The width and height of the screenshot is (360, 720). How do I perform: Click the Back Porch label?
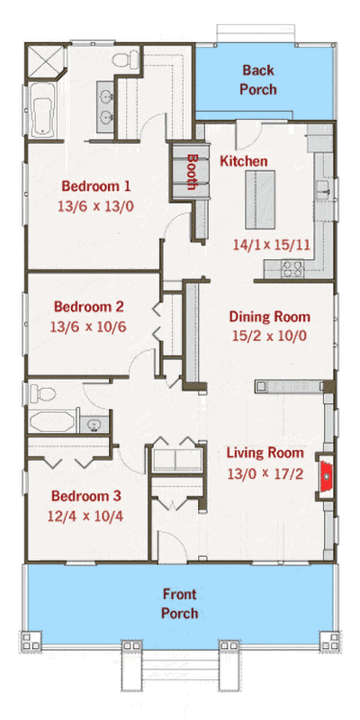(x=257, y=79)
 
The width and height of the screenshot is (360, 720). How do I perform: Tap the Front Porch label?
(x=180, y=603)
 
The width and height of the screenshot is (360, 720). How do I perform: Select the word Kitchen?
(x=244, y=161)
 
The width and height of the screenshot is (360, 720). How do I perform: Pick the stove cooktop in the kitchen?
(x=292, y=266)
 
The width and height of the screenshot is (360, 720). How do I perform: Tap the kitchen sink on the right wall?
(x=321, y=188)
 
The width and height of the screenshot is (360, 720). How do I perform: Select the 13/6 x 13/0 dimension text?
(x=96, y=206)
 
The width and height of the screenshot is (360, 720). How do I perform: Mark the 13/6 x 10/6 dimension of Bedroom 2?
(x=87, y=324)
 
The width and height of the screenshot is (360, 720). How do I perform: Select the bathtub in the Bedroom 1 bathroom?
(x=43, y=112)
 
